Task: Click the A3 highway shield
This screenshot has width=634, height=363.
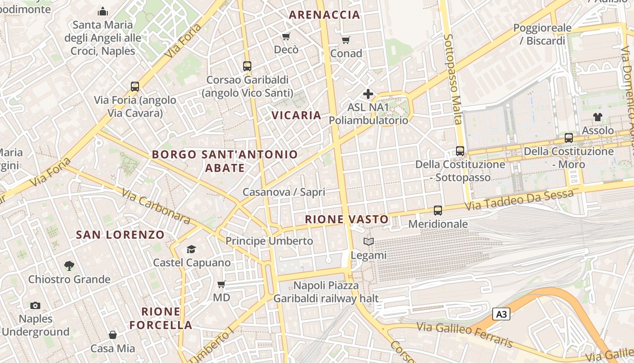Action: [501, 314]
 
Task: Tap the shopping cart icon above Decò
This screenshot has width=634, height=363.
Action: [286, 36]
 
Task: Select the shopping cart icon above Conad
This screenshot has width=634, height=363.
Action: [346, 40]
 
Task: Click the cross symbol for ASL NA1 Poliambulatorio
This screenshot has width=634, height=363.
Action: [368, 94]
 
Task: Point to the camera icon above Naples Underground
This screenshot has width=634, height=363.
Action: [35, 306]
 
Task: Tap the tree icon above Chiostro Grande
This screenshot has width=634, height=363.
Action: [69, 265]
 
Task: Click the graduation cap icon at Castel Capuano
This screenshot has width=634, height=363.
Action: [191, 249]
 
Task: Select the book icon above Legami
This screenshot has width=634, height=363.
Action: [369, 242]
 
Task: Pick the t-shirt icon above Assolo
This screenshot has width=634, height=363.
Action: [598, 117]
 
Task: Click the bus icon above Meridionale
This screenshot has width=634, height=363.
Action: [437, 210]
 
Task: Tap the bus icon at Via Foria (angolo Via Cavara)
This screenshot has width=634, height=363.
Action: [134, 87]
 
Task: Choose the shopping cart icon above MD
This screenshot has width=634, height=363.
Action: [221, 285]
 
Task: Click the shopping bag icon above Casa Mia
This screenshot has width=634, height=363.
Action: [113, 335]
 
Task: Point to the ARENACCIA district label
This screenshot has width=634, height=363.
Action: [324, 15]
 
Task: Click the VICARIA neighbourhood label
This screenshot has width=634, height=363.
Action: [297, 115]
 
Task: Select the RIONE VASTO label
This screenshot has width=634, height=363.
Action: [347, 220]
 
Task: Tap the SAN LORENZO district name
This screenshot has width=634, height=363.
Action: [120, 235]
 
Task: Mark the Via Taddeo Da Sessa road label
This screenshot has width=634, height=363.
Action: [520, 200]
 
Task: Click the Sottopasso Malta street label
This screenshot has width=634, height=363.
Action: [452, 79]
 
